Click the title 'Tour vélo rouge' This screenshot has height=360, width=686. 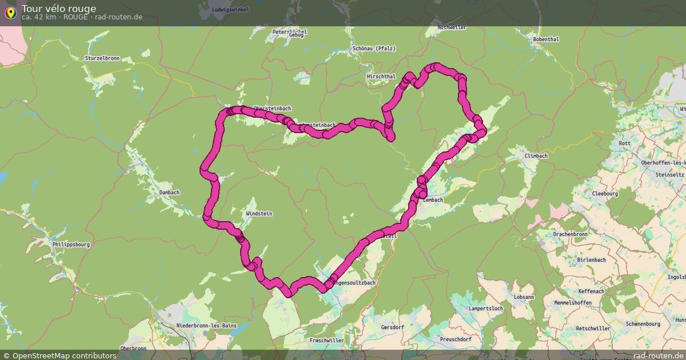click(59, 9)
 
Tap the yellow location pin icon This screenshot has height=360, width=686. click(10, 13)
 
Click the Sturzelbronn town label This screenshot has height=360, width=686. click(103, 58)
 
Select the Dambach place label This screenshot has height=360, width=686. click(169, 193)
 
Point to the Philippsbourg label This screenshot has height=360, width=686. click(71, 245)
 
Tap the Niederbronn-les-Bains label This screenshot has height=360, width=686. click(206, 326)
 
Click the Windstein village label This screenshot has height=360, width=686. click(259, 214)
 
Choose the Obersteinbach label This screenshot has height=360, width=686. click(272, 109)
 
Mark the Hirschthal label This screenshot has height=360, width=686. click(381, 76)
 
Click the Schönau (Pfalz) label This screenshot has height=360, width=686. click(374, 49)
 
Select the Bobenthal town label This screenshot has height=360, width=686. click(545, 39)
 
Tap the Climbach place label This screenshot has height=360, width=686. click(536, 156)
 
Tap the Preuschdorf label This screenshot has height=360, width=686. click(456, 339)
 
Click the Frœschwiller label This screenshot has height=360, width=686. click(326, 341)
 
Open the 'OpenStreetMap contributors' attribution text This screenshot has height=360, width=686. click(59, 355)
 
